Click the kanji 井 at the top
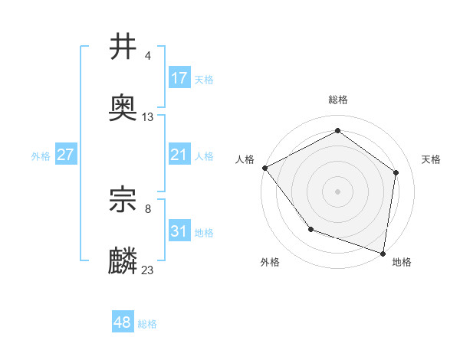123,47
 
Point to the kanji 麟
123,261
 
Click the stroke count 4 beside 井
147,56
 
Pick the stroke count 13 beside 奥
148,117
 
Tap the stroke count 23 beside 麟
148,270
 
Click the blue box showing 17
179,78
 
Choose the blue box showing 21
179,155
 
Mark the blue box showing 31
179,231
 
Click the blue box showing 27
66,155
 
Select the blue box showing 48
123,322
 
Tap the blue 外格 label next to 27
41,155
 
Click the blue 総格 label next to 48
147,324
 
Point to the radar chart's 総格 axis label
337,100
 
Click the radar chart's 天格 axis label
431,159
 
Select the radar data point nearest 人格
264,168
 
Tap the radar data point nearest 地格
383,253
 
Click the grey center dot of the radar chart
337,191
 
